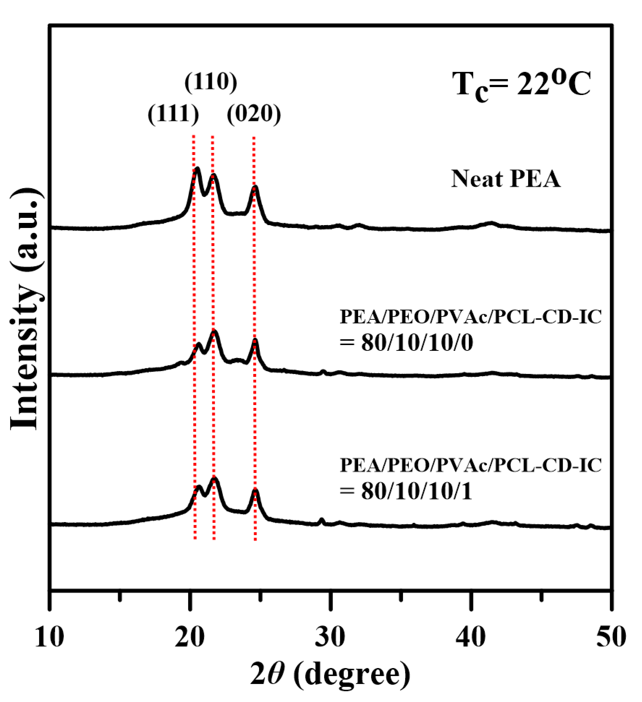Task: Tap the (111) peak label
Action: click(x=173, y=115)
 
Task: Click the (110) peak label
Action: click(x=211, y=82)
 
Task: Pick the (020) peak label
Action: click(x=254, y=115)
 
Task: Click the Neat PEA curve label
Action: click(x=506, y=179)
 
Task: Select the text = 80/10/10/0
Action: click(x=406, y=343)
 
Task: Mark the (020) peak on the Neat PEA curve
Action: click(x=255, y=188)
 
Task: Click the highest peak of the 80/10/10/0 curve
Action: click(x=214, y=332)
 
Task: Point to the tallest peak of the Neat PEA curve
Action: click(x=197, y=169)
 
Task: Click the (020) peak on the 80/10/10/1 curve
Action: click(x=255, y=491)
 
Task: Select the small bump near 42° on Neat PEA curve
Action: click(x=491, y=223)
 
